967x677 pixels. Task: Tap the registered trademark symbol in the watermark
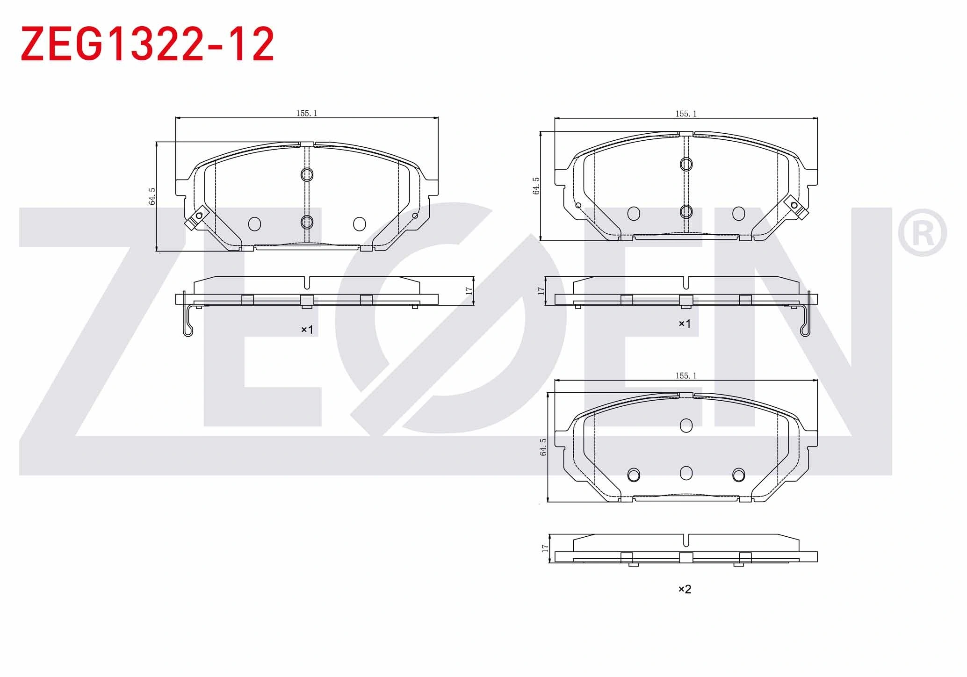click(x=922, y=233)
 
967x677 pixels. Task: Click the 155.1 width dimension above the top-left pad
click(x=307, y=113)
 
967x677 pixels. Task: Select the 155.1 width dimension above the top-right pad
click(x=686, y=114)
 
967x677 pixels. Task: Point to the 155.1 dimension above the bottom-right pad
click(x=686, y=375)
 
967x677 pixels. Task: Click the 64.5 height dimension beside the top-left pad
click(x=152, y=196)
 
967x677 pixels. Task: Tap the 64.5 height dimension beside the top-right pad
click(x=536, y=186)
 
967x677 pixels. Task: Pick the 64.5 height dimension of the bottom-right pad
click(x=543, y=447)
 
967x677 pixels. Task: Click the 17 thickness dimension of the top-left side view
click(x=469, y=290)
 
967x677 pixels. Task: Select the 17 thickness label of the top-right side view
click(x=541, y=290)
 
